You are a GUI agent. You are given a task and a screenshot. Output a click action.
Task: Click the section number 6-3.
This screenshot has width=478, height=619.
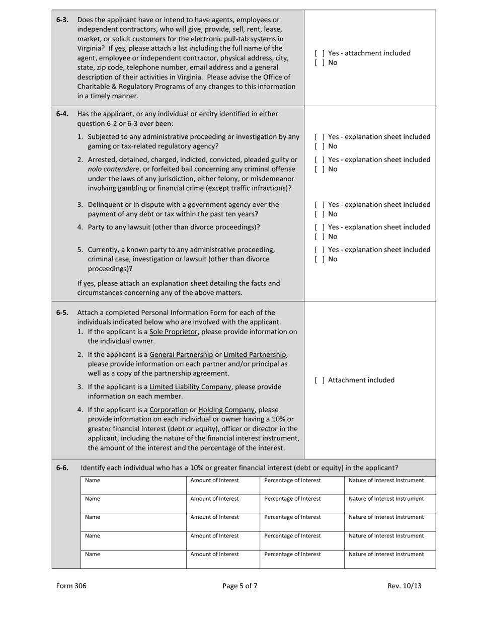(62, 20)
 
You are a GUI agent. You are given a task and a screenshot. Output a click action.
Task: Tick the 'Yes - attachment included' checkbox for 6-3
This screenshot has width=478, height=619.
(319, 53)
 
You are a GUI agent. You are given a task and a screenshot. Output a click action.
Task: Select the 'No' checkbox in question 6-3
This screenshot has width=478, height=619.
(319, 63)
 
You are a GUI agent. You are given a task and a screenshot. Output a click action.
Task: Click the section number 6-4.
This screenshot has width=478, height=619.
(62, 114)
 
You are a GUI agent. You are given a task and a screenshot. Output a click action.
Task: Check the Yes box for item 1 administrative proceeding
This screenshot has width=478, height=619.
(319, 137)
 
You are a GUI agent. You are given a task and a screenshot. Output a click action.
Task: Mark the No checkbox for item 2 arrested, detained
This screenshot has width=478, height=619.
(319, 169)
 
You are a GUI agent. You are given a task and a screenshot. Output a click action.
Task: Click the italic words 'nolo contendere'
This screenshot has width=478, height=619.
(114, 169)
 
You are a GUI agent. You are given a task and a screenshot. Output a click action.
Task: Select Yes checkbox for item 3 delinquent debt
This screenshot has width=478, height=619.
(319, 205)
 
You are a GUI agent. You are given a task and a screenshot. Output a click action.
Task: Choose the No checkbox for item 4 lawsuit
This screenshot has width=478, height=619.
(319, 237)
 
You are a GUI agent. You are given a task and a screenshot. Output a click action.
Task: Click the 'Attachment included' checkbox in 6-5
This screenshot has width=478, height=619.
(319, 380)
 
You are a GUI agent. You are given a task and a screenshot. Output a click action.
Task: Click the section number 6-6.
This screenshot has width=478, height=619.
(62, 468)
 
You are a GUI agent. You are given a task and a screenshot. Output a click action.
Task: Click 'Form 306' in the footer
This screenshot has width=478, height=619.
(71, 586)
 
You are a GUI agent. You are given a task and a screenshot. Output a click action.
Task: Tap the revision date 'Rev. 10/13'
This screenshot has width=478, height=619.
(405, 586)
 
